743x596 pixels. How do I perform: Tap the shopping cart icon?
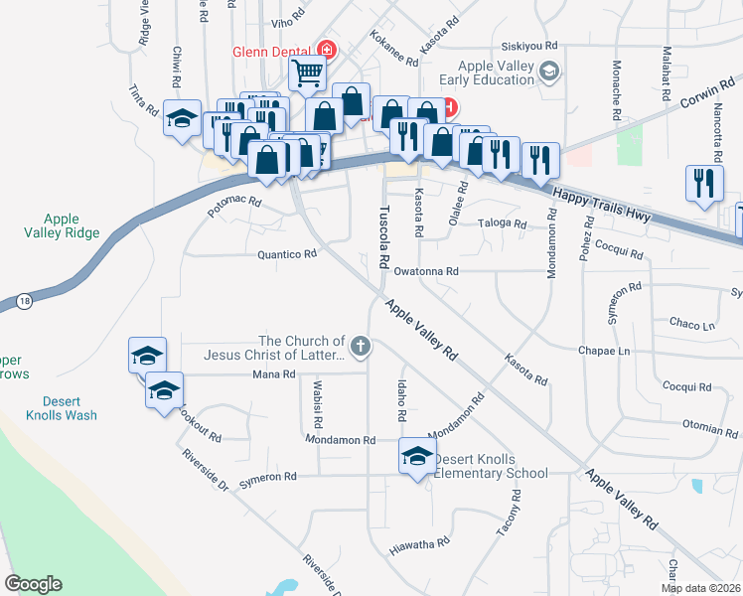point(308,73)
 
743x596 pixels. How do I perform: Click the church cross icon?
point(361,347)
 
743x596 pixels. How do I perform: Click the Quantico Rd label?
point(286,254)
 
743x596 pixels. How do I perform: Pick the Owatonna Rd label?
point(425,270)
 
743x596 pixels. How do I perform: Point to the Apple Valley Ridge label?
point(62,225)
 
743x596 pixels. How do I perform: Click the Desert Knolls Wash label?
point(62,407)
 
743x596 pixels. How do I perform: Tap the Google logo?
point(33,584)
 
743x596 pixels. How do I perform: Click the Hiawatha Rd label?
point(419,543)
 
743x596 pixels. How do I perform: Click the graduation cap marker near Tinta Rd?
point(181,120)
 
